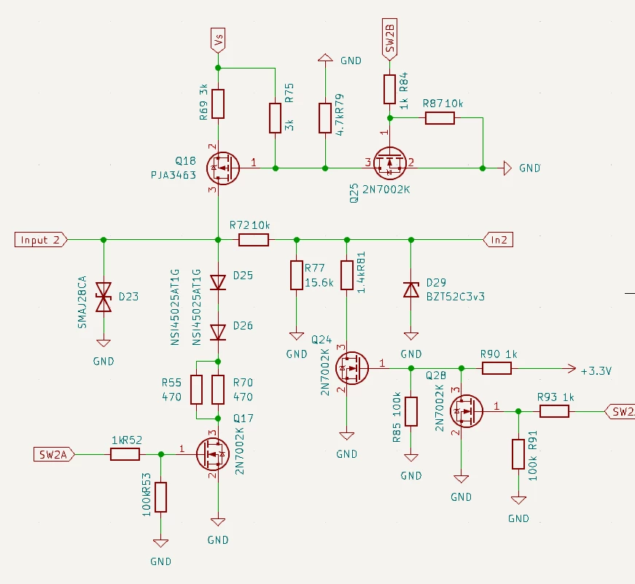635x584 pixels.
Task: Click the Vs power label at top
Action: click(218, 40)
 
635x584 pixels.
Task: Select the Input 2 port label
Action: click(41, 240)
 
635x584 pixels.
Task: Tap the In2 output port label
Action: click(498, 240)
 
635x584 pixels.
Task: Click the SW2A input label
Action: click(54, 454)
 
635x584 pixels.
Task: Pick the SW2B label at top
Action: click(389, 39)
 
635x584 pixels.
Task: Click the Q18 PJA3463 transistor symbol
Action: click(223, 168)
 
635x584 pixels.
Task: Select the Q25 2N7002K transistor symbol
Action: click(389, 163)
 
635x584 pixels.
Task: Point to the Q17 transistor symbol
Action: click(213, 454)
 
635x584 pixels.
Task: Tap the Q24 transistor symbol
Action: click(352, 368)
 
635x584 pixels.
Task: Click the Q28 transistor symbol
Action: click(467, 411)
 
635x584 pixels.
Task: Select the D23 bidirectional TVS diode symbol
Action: click(104, 297)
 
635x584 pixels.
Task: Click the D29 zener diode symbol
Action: click(411, 290)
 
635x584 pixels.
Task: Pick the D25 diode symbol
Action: click(218, 282)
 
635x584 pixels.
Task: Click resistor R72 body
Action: click(254, 240)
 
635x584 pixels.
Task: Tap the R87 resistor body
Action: click(440, 118)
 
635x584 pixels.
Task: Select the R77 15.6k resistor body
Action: click(297, 276)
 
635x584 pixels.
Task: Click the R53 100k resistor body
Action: click(161, 497)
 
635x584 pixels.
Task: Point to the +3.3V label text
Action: click(596, 371)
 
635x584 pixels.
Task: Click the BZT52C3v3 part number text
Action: click(455, 297)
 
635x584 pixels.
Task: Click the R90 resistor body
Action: click(497, 368)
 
